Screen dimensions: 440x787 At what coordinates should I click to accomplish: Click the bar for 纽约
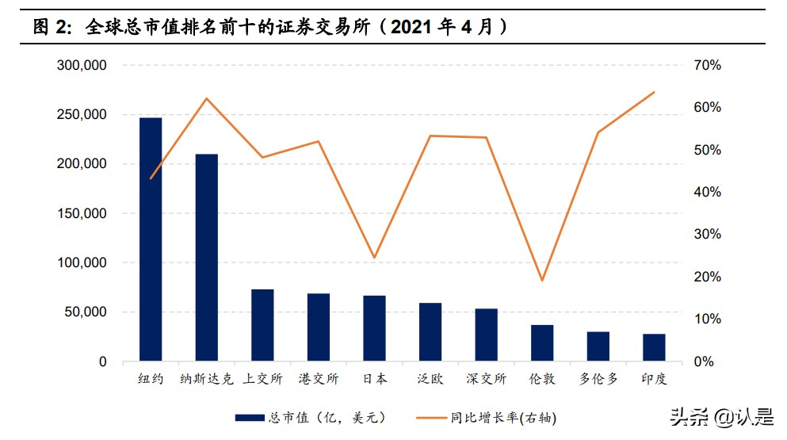(151, 239)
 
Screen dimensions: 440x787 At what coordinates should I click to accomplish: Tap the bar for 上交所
(262, 325)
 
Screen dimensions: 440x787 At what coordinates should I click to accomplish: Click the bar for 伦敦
(542, 342)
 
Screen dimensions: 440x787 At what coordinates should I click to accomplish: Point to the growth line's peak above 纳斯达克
(207, 98)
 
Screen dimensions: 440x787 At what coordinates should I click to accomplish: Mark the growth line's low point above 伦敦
(542, 281)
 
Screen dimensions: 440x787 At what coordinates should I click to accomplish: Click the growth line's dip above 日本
(374, 258)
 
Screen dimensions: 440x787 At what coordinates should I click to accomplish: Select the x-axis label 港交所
(319, 379)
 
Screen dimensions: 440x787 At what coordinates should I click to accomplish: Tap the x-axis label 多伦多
(598, 379)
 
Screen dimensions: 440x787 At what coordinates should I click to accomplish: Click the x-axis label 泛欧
(430, 379)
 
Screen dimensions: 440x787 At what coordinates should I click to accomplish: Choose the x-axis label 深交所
(486, 379)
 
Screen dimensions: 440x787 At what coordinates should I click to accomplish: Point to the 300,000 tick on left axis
(82, 65)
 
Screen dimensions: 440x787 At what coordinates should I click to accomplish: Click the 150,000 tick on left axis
(82, 213)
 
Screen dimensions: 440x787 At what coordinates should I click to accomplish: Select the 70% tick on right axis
(706, 65)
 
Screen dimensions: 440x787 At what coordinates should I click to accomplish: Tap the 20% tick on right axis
(706, 277)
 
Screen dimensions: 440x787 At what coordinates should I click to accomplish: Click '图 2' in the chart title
(53, 27)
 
